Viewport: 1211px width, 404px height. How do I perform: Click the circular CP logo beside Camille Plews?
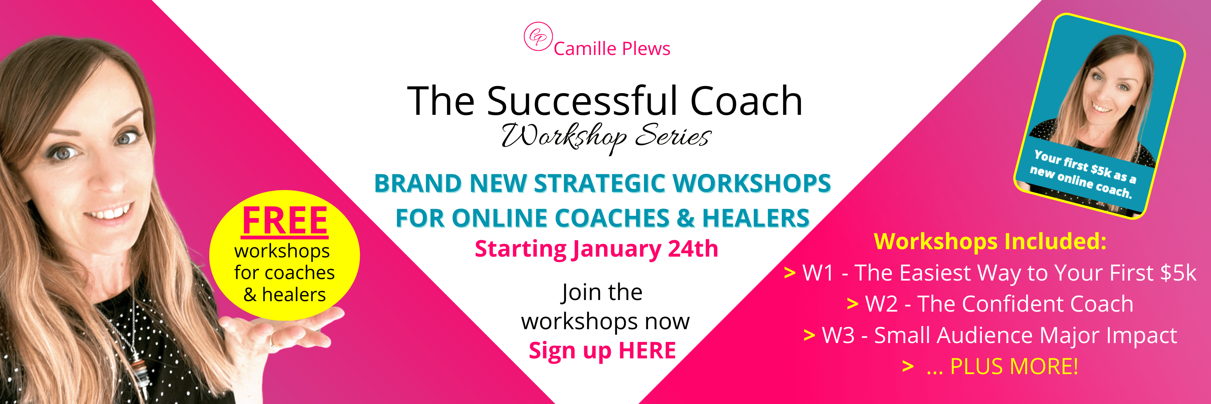pyautogui.click(x=538, y=36)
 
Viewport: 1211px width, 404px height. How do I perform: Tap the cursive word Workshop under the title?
pyautogui.click(x=564, y=137)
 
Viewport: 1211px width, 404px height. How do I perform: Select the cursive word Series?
pyautogui.click(x=673, y=135)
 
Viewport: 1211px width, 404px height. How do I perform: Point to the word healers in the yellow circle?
pyautogui.click(x=294, y=295)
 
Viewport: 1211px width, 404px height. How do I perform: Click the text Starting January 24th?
pyautogui.click(x=596, y=249)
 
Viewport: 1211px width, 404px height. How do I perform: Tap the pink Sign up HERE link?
pyautogui.click(x=602, y=351)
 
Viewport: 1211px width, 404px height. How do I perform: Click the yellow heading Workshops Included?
pyautogui.click(x=990, y=241)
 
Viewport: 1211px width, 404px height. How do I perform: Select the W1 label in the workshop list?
pyautogui.click(x=818, y=273)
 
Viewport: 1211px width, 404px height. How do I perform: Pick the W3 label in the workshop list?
pyautogui.click(x=838, y=335)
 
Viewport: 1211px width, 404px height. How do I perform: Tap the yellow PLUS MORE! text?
pyautogui.click(x=1014, y=366)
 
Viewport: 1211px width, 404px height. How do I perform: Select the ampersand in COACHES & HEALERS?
pyautogui.click(x=685, y=218)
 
